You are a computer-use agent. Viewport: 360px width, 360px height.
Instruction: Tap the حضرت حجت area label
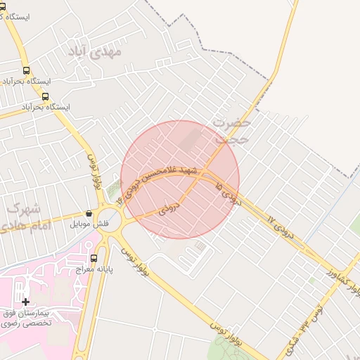pyautogui.click(x=232, y=131)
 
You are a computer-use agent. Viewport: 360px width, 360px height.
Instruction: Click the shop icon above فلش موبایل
pyautogui.click(x=89, y=213)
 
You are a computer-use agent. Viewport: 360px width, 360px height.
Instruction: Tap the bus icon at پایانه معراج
pyautogui.click(x=94, y=258)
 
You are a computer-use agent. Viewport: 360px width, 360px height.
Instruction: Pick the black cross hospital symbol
pyautogui.click(x=25, y=302)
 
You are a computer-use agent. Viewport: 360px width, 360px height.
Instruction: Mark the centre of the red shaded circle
pyautogui.click(x=180, y=179)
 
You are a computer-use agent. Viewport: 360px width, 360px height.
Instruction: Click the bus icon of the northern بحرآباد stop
pyautogui.click(x=27, y=70)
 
